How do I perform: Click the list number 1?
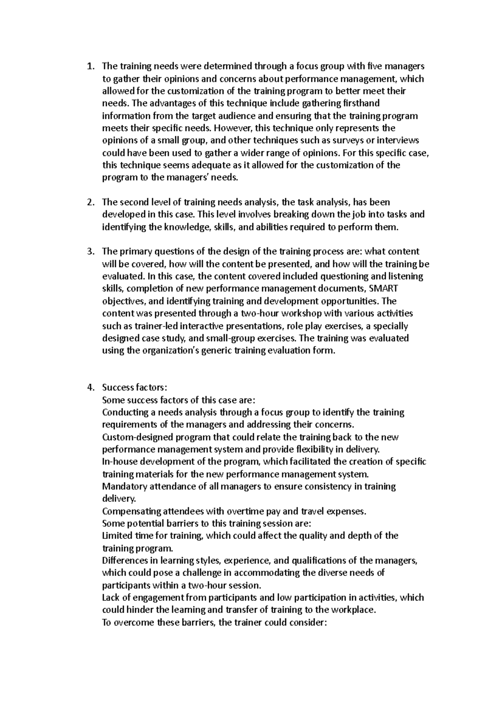tap(89, 66)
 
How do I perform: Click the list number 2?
tap(89, 202)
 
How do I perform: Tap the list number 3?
tap(89, 252)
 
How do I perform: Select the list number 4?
tap(89, 388)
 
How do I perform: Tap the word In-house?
tap(120, 462)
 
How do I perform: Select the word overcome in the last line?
tap(133, 623)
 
